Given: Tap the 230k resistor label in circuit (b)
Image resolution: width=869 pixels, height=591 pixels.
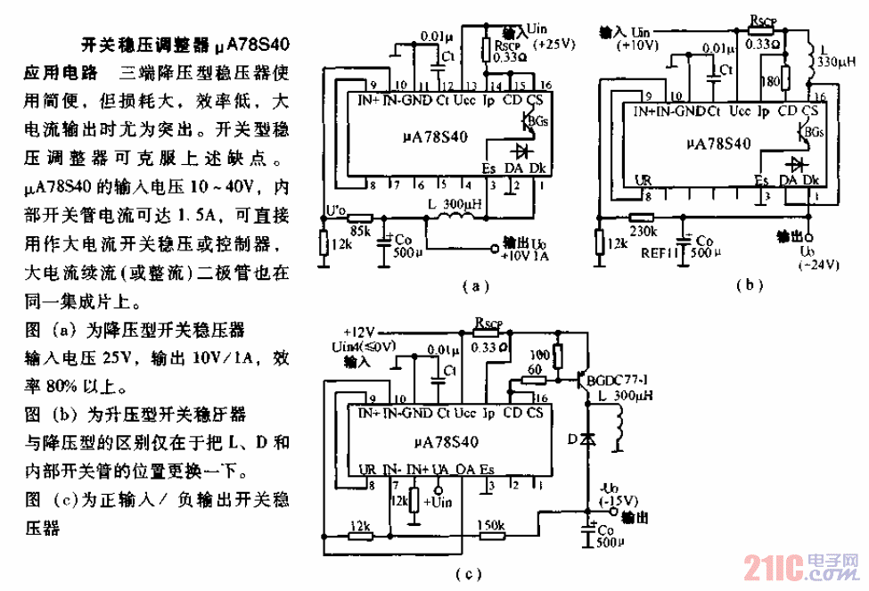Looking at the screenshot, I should pyautogui.click(x=641, y=232).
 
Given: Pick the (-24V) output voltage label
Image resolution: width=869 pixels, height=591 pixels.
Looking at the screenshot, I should pyautogui.click(x=810, y=267).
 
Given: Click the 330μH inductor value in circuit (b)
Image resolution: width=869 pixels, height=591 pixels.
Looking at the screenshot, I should pyautogui.click(x=836, y=62).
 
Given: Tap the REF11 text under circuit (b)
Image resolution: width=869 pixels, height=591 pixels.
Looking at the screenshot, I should pyautogui.click(x=656, y=252).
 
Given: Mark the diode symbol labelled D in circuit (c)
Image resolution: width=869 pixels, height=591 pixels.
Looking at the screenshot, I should pyautogui.click(x=586, y=439).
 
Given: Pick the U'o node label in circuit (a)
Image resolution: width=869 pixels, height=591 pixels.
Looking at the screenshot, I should pyautogui.click(x=335, y=210).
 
